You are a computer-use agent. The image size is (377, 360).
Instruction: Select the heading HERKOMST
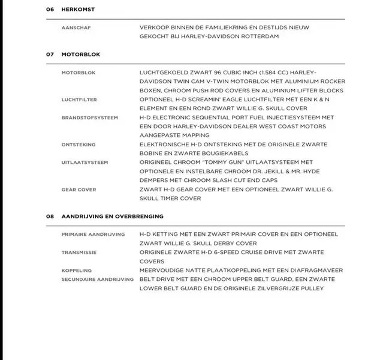click(x=78, y=10)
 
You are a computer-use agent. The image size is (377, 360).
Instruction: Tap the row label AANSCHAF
click(x=76, y=28)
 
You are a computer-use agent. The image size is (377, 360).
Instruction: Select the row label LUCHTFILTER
click(x=79, y=100)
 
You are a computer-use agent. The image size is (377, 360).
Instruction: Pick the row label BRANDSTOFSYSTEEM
click(x=89, y=118)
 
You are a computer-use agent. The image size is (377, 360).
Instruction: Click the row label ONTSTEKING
click(x=78, y=145)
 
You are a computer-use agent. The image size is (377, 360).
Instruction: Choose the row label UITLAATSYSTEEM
click(x=85, y=163)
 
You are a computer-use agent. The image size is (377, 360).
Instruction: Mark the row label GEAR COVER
click(x=79, y=190)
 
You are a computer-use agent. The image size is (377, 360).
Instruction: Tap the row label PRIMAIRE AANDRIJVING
click(x=93, y=235)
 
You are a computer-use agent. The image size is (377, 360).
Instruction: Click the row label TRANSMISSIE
click(x=79, y=253)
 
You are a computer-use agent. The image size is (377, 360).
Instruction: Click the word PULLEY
click(x=310, y=289)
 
